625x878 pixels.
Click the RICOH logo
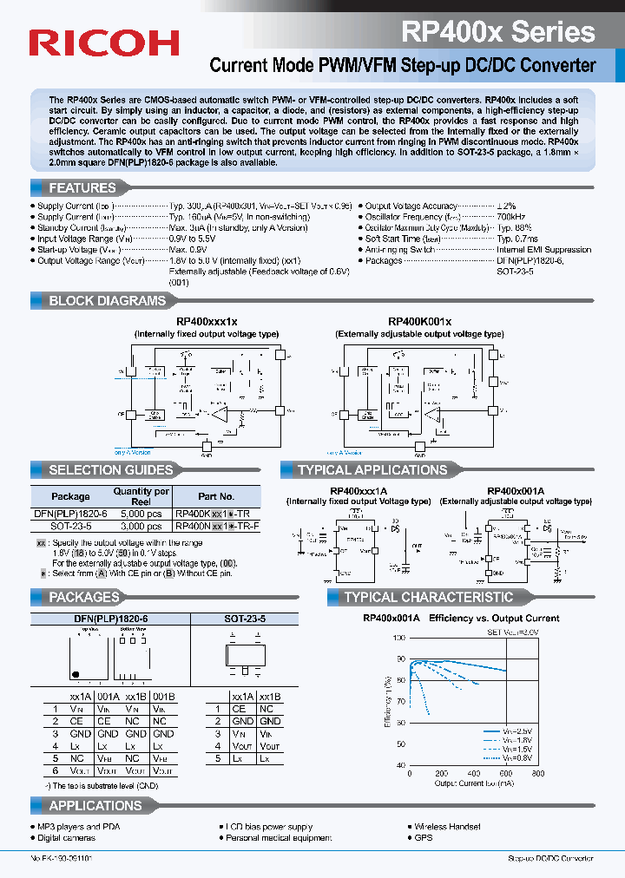(x=104, y=43)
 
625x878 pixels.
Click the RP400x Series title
(x=497, y=32)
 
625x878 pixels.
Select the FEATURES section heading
(x=82, y=187)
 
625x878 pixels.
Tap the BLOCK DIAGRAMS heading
(x=106, y=301)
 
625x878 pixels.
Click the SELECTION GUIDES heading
(x=110, y=470)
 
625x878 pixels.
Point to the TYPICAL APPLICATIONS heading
(x=372, y=470)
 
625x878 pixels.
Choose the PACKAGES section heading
(x=83, y=597)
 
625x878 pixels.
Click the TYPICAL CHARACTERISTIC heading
(x=428, y=597)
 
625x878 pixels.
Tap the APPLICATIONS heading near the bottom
(x=95, y=806)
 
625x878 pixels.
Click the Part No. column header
(x=216, y=496)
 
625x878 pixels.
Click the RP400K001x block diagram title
(x=419, y=321)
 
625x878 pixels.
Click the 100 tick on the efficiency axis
(x=399, y=638)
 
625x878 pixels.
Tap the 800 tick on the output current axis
(x=537, y=774)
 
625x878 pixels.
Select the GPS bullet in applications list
(x=424, y=838)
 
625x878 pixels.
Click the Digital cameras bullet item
(x=69, y=838)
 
